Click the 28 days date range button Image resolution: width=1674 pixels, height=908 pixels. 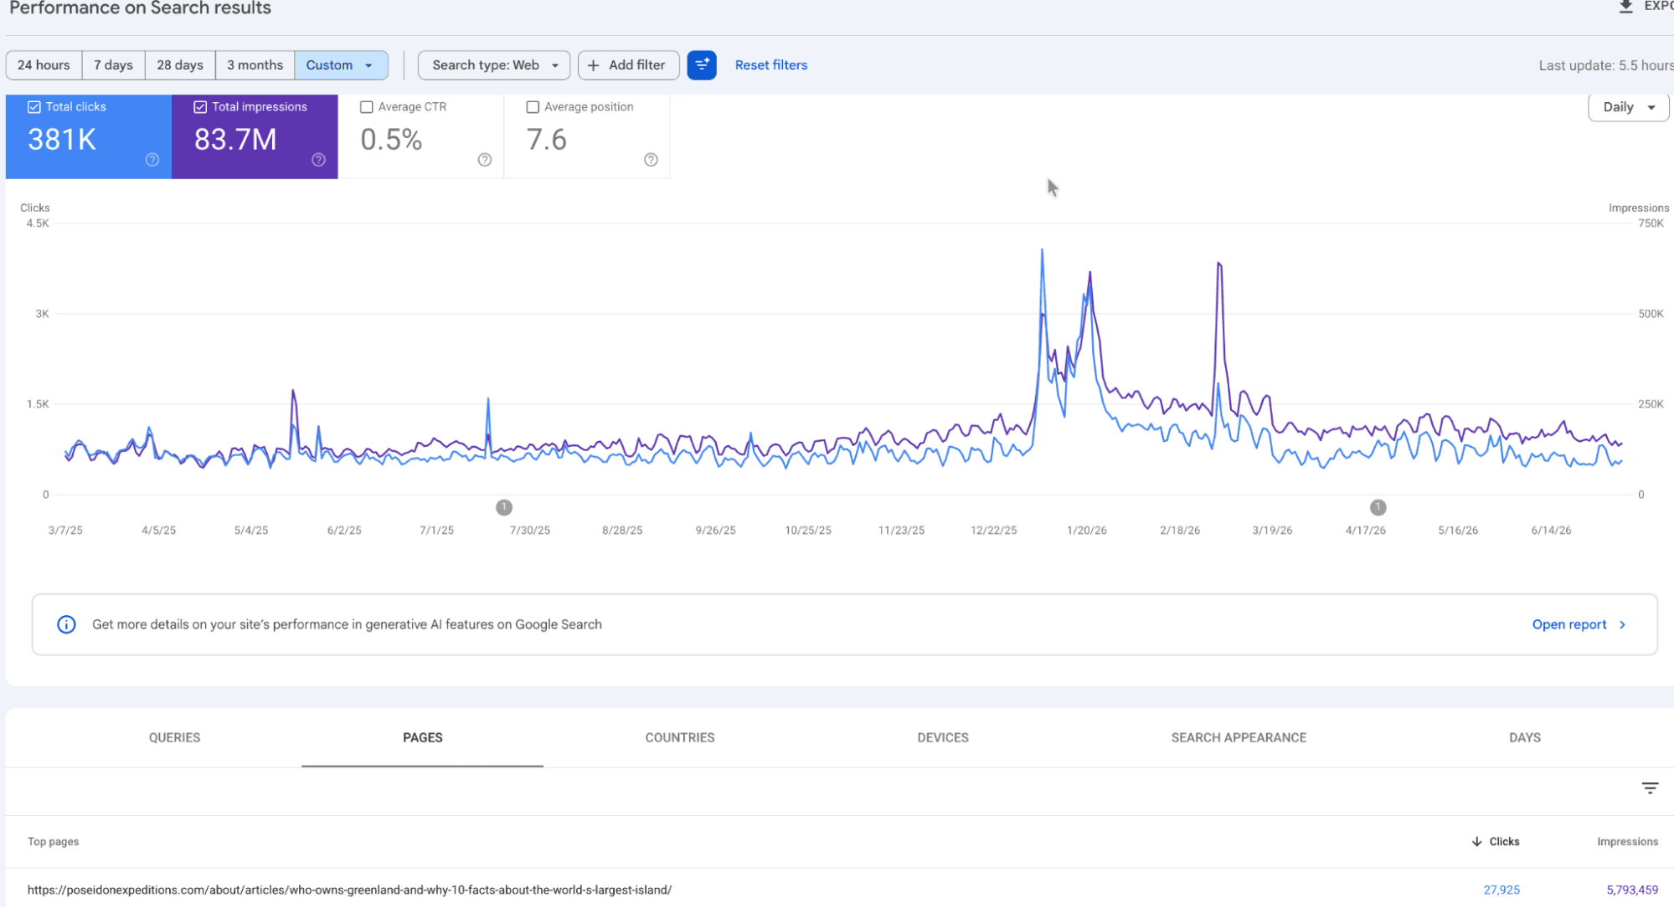point(180,65)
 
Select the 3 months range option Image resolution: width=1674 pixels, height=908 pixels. point(255,65)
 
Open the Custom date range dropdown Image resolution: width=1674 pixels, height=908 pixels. point(341,65)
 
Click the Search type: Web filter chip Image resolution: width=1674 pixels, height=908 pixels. point(494,65)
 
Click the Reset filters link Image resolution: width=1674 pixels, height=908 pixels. point(771,65)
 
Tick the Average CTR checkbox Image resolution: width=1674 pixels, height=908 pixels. point(366,107)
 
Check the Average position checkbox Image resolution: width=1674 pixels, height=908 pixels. point(533,107)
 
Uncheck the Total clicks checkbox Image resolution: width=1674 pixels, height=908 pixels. point(34,107)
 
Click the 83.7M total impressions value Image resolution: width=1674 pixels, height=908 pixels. point(235,140)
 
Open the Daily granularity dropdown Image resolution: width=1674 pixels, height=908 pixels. point(1628,107)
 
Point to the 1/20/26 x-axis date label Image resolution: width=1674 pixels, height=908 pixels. point(1086,531)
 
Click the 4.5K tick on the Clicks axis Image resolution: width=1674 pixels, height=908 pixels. point(38,223)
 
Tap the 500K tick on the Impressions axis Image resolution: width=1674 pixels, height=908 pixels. point(1651,314)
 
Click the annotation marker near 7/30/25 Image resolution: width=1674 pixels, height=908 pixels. point(503,507)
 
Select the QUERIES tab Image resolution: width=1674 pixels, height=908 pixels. point(174,737)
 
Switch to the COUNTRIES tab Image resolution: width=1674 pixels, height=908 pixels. point(679,737)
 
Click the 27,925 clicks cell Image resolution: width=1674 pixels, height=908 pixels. point(1501,890)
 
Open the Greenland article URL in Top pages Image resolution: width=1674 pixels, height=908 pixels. point(349,890)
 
